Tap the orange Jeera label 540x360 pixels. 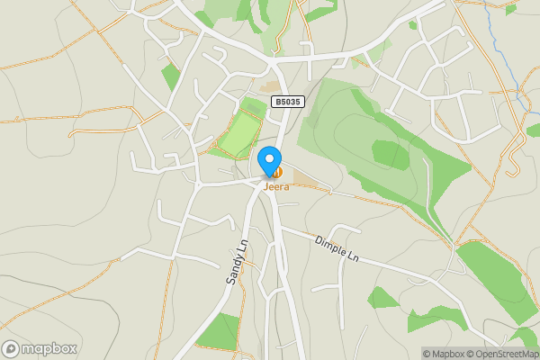(276, 187)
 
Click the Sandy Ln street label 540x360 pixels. (235, 265)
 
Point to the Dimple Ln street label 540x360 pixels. (337, 248)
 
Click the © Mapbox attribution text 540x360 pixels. (447, 354)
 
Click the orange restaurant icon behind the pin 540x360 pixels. (279, 171)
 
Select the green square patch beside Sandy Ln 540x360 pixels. (218, 331)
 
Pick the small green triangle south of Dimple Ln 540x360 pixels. (382, 298)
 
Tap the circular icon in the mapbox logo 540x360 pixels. (11, 348)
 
